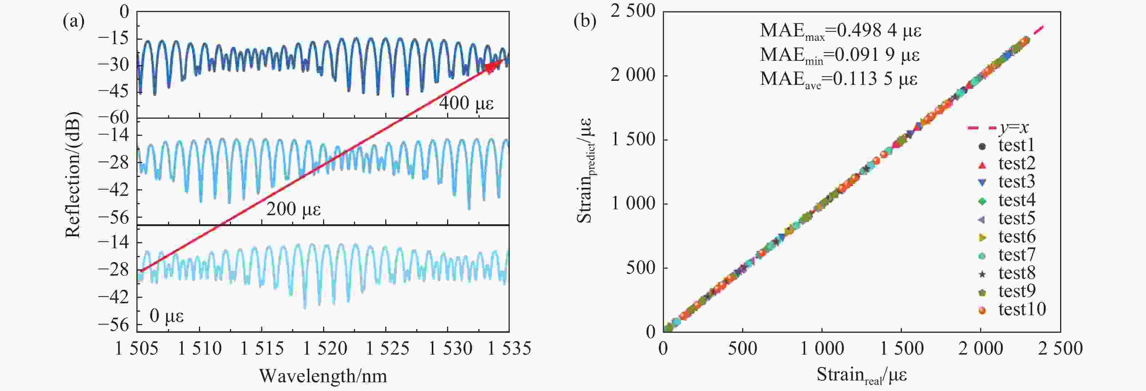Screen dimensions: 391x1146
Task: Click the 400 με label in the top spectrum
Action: pyautogui.click(x=466, y=103)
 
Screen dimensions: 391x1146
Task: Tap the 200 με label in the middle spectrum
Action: pyautogui.click(x=294, y=209)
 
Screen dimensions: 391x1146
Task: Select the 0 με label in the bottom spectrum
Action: pyautogui.click(x=166, y=316)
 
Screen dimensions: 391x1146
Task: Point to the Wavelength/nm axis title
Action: pyautogui.click(x=323, y=376)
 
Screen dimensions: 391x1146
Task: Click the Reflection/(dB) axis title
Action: pyautogui.click(x=72, y=175)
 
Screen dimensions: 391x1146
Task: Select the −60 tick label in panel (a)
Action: pyautogui.click(x=113, y=118)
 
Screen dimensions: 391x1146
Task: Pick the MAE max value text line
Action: pyautogui.click(x=840, y=31)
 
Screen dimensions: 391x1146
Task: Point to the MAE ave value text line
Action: pyautogui.click(x=839, y=79)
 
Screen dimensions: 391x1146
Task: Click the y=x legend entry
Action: pyautogui.click(x=998, y=128)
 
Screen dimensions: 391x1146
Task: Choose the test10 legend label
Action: pyautogui.click(x=1022, y=309)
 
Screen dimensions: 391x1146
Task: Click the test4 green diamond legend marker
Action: pyautogui.click(x=982, y=201)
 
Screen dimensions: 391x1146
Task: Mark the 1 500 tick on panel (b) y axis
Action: pyautogui.click(x=633, y=140)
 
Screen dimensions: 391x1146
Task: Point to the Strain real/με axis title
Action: pyautogui.click(x=862, y=375)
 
